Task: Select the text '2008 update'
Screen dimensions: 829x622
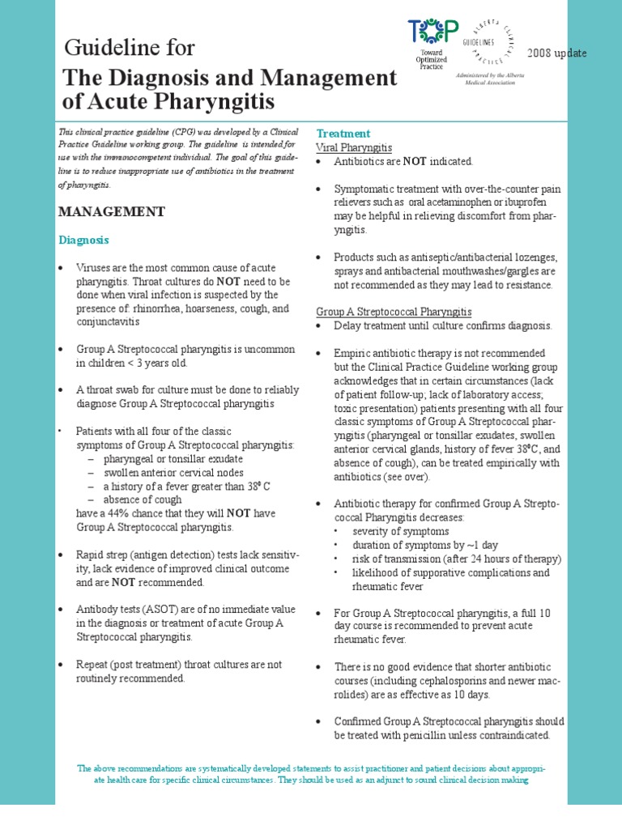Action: coord(556,53)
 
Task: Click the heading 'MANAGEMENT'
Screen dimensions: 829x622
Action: coord(111,211)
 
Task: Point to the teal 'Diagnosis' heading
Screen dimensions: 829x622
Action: coord(84,240)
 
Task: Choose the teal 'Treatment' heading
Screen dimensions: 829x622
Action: coord(343,134)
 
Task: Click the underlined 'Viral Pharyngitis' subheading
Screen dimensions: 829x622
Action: coord(354,148)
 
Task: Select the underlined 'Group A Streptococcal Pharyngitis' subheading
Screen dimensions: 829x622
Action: coord(394,312)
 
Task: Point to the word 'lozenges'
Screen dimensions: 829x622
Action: coord(536,257)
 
